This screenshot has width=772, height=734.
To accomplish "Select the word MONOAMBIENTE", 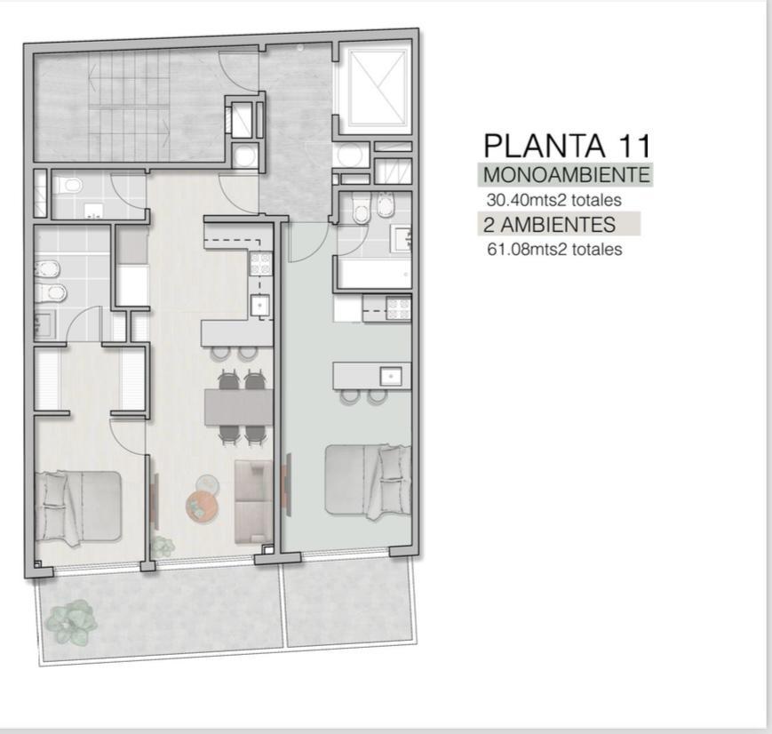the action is click(x=567, y=175).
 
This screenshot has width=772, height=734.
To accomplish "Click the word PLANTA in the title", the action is click(x=545, y=146).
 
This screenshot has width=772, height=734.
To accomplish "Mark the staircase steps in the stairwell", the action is click(x=130, y=105).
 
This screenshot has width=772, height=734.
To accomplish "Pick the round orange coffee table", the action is click(x=203, y=505).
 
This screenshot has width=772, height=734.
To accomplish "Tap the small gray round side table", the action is click(x=207, y=483).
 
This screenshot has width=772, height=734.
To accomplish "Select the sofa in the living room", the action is click(x=253, y=502).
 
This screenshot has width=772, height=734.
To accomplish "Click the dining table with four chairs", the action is click(x=239, y=407).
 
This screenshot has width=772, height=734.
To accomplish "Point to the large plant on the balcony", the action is click(x=71, y=622).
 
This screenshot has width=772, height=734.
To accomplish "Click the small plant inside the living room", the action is click(x=163, y=546).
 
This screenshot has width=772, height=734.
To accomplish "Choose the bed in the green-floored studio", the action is click(x=369, y=482).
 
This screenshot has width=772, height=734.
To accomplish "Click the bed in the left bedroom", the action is click(x=78, y=507).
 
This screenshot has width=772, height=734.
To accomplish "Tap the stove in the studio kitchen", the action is click(x=398, y=309).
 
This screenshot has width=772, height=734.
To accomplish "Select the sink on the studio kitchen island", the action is click(x=390, y=377).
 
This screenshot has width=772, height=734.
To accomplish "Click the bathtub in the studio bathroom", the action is click(x=375, y=273).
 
